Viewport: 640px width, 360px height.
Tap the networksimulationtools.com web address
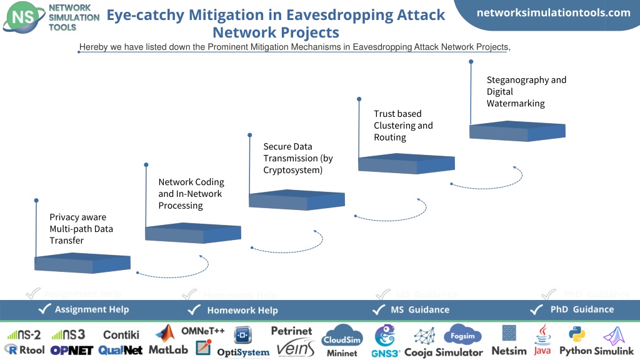[554, 12]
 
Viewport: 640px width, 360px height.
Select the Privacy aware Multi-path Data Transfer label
[81, 229]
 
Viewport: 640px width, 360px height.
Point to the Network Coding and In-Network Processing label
[191, 194]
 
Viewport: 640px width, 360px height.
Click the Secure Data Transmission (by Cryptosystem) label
[298, 158]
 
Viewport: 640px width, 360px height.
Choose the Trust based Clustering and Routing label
[403, 125]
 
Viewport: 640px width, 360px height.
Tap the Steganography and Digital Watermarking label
[526, 91]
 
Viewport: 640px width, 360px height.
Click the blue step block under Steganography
[517, 131]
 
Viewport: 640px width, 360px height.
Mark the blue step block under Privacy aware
[82, 263]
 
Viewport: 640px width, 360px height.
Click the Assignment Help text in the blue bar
[92, 309]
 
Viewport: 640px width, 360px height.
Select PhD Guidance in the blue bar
[582, 309]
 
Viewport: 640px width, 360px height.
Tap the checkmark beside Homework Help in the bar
[194, 310]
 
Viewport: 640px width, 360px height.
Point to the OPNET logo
[72, 351]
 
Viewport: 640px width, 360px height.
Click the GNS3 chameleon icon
[385, 336]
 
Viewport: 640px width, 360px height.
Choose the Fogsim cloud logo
[462, 335]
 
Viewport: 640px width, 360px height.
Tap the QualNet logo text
[121, 350]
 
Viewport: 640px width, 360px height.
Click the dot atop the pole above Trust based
[359, 99]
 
